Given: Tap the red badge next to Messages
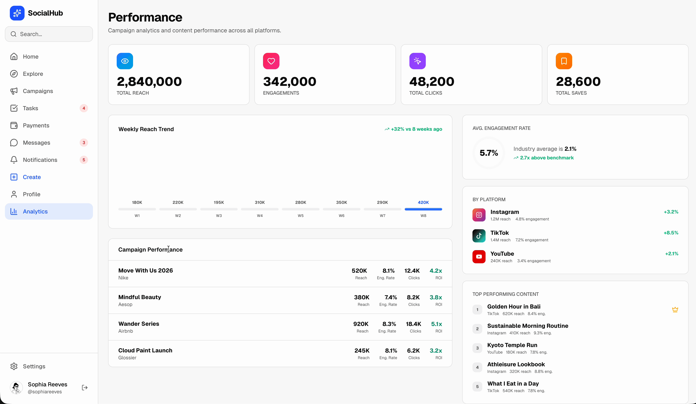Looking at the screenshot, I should [84, 143].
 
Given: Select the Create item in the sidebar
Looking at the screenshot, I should [32, 177].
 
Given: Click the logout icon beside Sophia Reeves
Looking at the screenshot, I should [85, 387].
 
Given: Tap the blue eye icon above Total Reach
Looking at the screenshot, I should [125, 61].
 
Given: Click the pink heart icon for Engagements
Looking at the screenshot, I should [271, 61].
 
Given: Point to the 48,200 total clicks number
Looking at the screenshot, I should [431, 82].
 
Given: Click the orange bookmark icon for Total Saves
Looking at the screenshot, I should [564, 61].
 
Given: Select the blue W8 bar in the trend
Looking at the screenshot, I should [423, 209].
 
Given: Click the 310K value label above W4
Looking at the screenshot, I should [260, 202].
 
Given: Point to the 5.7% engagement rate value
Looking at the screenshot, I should [489, 153].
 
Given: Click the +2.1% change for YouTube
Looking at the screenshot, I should [671, 254].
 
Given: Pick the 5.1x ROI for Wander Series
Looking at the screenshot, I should [436, 324].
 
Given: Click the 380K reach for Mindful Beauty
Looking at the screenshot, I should [362, 297].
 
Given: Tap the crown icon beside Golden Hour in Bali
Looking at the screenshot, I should [675, 310].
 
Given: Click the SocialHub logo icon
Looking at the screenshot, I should [17, 13].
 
